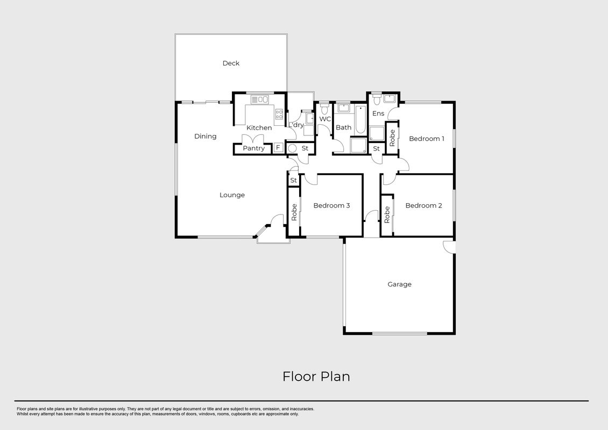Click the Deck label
(x=231, y=63)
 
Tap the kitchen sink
(x=260, y=99)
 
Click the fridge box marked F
(x=278, y=148)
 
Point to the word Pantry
(x=253, y=148)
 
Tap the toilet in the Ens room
(x=376, y=100)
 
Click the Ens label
(x=378, y=113)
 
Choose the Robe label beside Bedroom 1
(x=392, y=138)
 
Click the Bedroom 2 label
(x=423, y=205)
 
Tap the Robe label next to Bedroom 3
(x=294, y=212)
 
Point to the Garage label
(x=399, y=284)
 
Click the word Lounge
(x=232, y=195)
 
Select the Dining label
(x=205, y=136)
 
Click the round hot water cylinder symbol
(x=292, y=148)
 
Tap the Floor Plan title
(x=316, y=377)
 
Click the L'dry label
(x=296, y=125)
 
